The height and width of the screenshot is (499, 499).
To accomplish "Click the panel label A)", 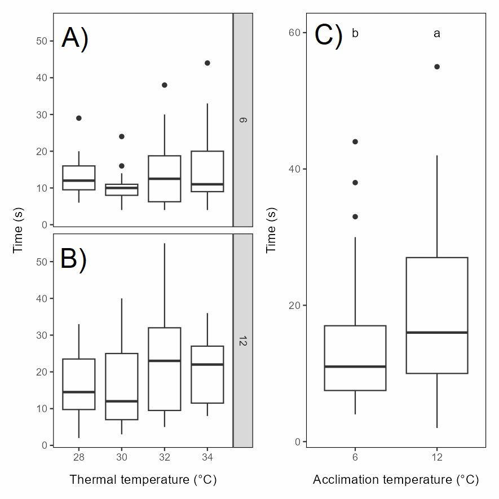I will tap(74, 39).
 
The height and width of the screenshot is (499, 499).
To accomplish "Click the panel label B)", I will tap(73, 259).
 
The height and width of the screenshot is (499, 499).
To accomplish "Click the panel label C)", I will tap(328, 35).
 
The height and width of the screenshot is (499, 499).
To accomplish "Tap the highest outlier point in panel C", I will tap(437, 67).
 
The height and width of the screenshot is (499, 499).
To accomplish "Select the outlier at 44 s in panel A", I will tap(207, 63).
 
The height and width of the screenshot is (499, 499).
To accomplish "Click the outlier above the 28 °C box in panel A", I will tap(79, 118).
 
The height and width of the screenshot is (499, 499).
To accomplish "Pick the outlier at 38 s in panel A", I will tap(165, 85).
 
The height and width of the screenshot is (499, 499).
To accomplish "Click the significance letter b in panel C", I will tap(355, 34).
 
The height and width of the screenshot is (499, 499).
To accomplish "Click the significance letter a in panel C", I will tap(437, 34).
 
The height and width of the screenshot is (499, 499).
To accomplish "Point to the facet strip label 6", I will tap(243, 120).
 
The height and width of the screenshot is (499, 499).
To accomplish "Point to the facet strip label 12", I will tap(243, 341).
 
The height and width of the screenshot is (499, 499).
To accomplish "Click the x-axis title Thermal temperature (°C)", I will tap(143, 480).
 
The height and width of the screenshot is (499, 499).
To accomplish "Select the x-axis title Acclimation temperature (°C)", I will tap(396, 480).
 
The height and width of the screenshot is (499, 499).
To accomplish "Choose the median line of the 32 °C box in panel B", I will tap(165, 361).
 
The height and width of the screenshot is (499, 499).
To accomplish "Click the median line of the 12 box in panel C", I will tap(437, 333).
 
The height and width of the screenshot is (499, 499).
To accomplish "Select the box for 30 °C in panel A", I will tap(122, 190).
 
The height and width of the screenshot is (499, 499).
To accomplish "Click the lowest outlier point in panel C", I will tap(355, 217).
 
